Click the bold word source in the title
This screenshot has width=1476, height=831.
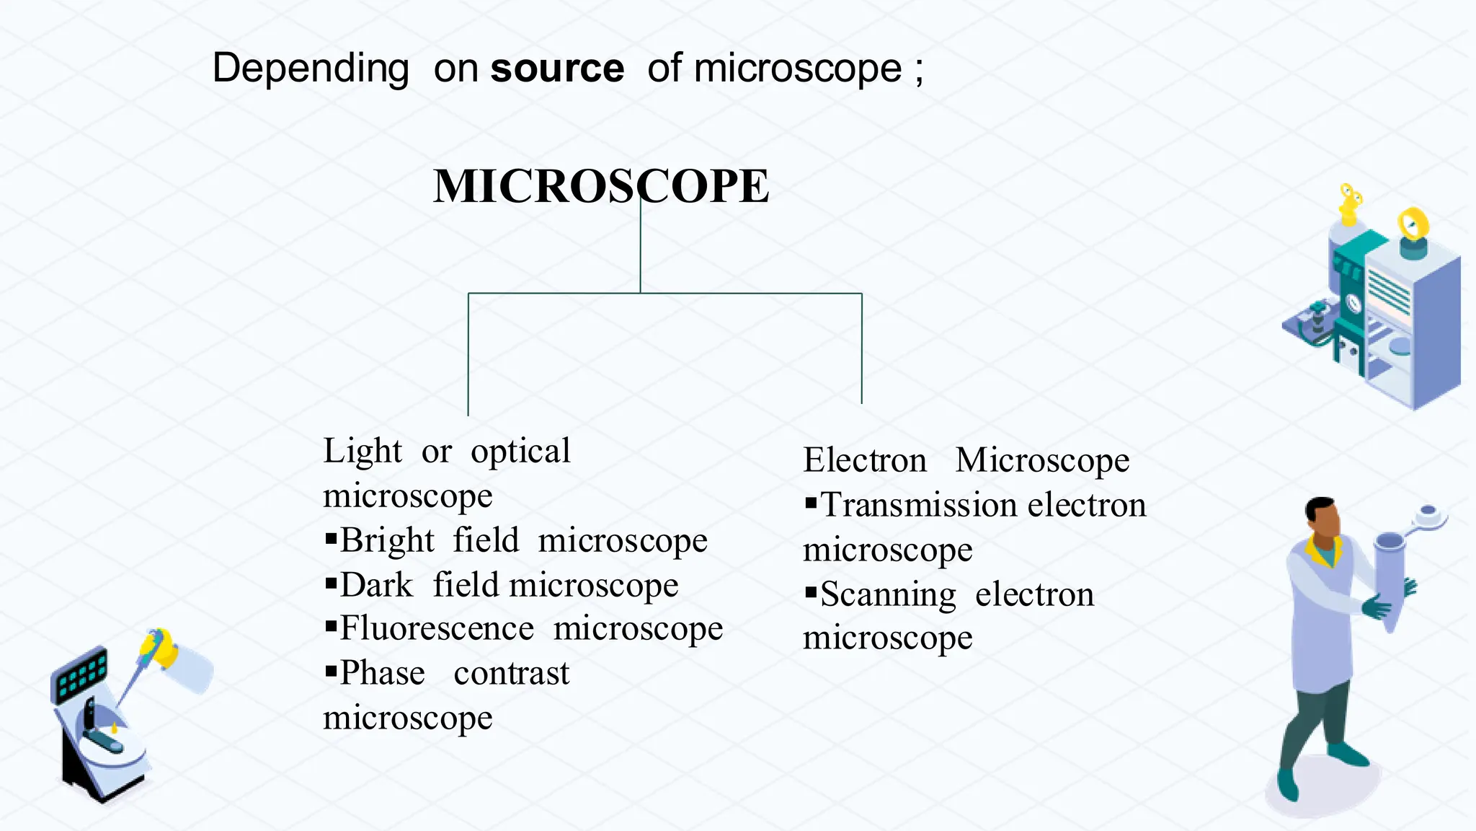click(x=557, y=69)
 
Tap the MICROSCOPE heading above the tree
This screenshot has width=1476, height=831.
click(x=601, y=186)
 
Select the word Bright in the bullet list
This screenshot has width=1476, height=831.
click(x=387, y=540)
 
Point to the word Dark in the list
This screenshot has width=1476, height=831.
click(x=376, y=585)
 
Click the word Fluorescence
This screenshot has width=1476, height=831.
click(x=437, y=628)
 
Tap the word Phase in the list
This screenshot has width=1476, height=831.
click(x=382, y=673)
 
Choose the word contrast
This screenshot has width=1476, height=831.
click(x=512, y=673)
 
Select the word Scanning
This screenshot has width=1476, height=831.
click(x=888, y=595)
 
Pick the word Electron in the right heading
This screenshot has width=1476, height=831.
click(x=865, y=460)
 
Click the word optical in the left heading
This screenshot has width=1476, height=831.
click(x=520, y=452)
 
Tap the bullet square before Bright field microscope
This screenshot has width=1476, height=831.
click(x=332, y=537)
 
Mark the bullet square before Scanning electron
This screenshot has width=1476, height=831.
click(x=811, y=593)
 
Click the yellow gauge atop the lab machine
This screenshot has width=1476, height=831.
click(x=1413, y=224)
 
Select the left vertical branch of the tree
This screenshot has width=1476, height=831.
click(x=468, y=353)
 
